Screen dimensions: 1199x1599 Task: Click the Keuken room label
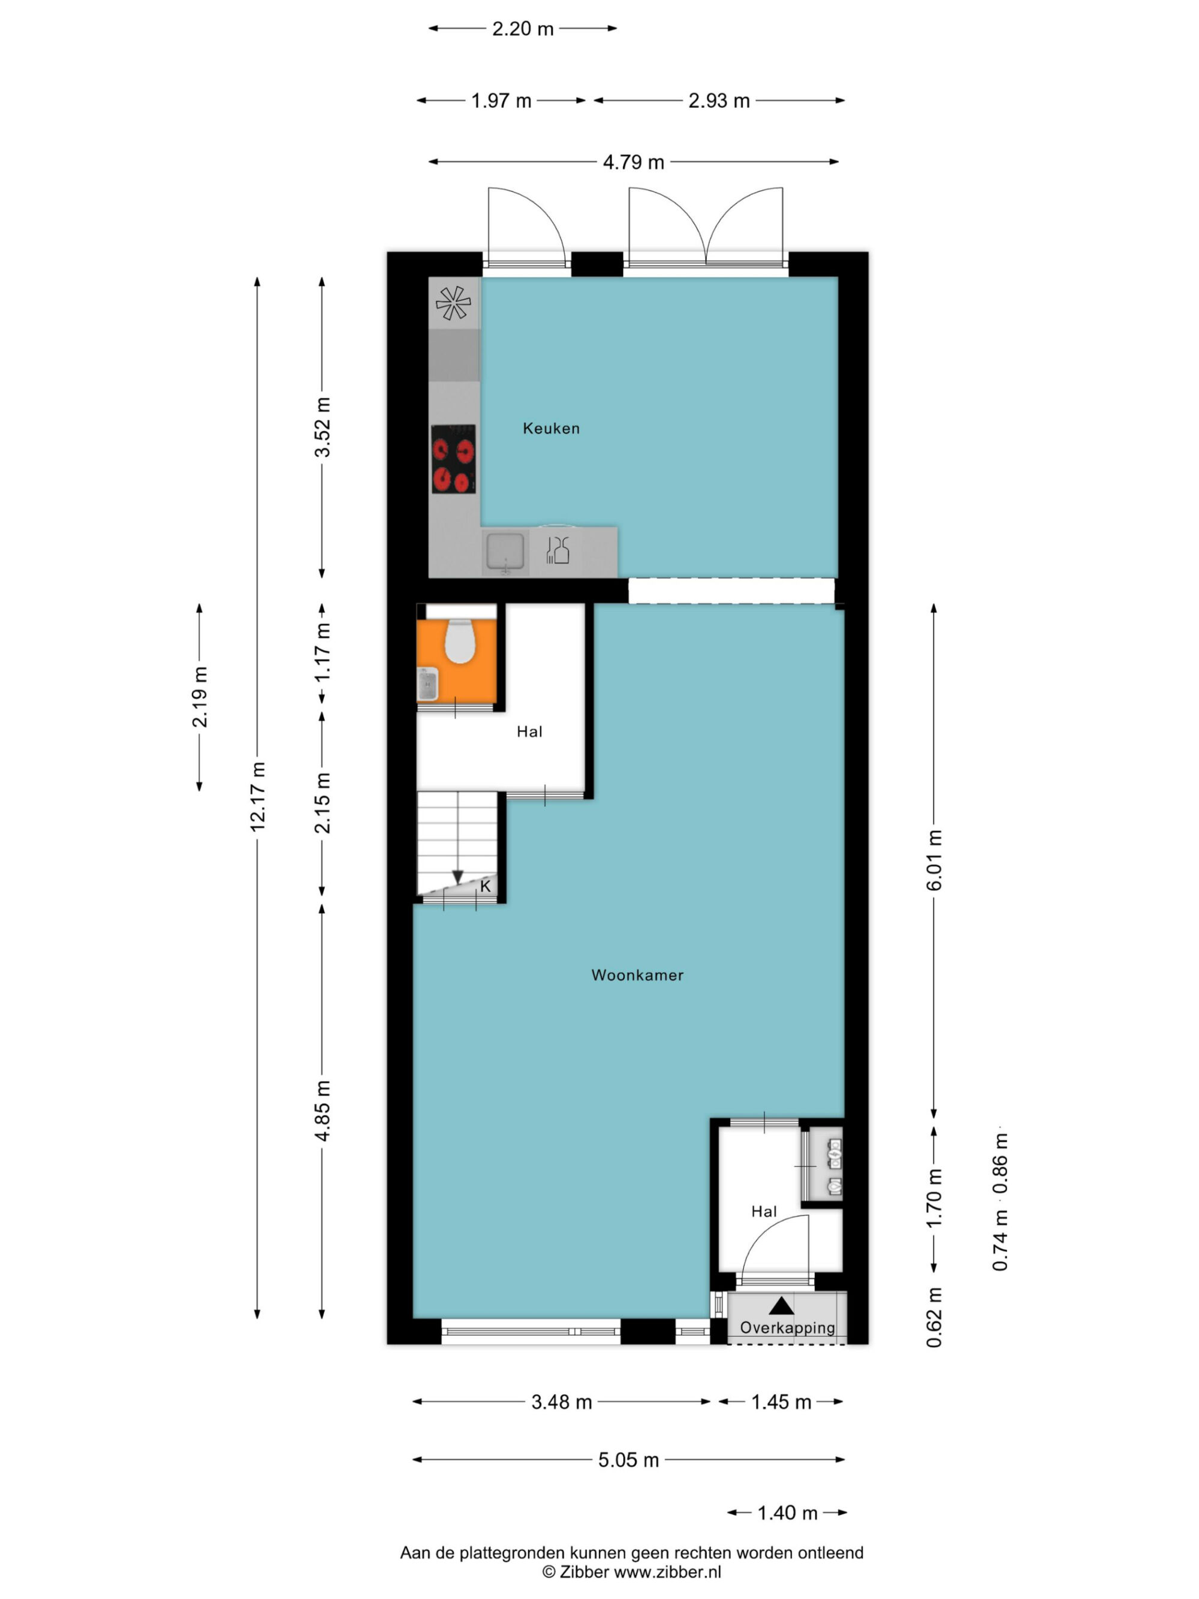(x=551, y=428)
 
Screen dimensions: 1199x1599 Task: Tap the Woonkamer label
(x=637, y=974)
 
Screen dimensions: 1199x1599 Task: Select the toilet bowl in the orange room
(x=458, y=641)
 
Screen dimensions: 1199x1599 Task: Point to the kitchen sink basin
(x=504, y=551)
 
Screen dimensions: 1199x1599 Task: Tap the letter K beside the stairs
(x=485, y=886)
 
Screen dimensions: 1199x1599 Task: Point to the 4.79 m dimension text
(x=633, y=162)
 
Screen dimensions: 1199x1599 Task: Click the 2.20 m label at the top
(x=523, y=29)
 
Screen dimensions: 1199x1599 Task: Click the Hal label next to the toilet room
(x=529, y=731)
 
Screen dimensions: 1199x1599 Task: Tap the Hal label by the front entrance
(x=764, y=1212)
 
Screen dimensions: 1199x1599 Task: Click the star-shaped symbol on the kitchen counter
(x=453, y=303)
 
